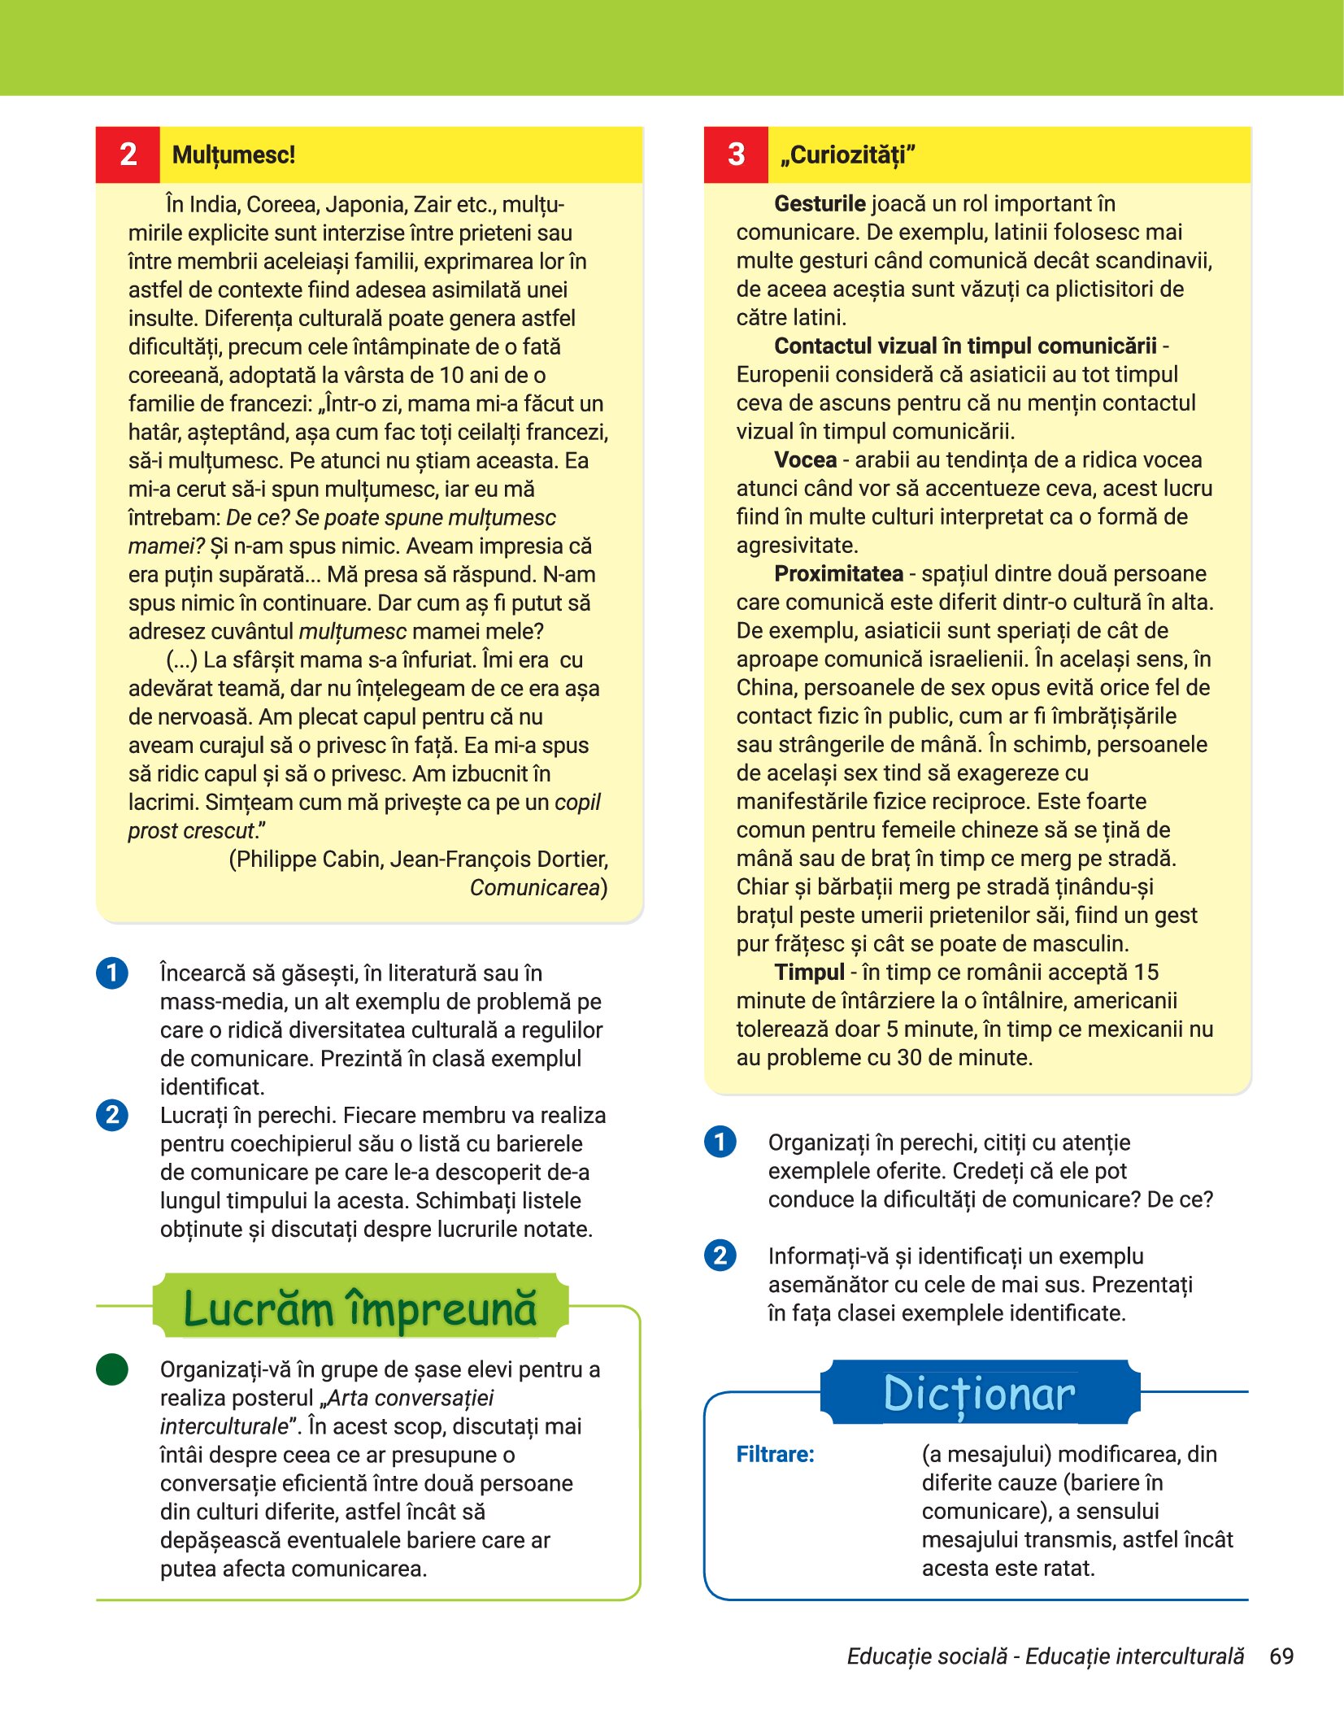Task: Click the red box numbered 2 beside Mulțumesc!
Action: (x=128, y=155)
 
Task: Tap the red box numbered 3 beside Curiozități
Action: (x=736, y=155)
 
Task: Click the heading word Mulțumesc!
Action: (x=233, y=155)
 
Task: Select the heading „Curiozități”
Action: (x=847, y=155)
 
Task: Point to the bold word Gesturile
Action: (x=820, y=203)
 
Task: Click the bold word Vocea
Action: (x=805, y=459)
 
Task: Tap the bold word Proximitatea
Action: (x=838, y=573)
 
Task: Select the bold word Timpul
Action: (x=809, y=972)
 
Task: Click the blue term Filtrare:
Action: (x=775, y=1454)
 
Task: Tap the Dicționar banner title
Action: (x=979, y=1394)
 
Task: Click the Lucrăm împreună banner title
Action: (x=359, y=1308)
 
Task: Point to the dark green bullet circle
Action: (x=112, y=1369)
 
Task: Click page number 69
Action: (x=1281, y=1656)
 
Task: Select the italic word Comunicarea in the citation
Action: (x=534, y=887)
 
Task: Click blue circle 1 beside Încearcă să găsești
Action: (x=112, y=973)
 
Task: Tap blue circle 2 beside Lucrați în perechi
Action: (x=112, y=1115)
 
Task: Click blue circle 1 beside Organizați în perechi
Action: (x=720, y=1142)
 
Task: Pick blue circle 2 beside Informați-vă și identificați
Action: (x=720, y=1256)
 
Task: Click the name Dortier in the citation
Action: (x=568, y=859)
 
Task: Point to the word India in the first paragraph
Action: (x=215, y=204)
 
